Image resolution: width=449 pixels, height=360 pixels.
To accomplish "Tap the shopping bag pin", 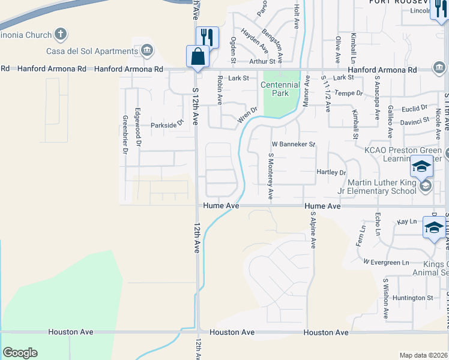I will pos(197,58).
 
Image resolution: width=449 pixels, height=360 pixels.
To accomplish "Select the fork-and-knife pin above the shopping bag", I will pos(207,38).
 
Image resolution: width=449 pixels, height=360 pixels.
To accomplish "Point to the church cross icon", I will pos(61,34).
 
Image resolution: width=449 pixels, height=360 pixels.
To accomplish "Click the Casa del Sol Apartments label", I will pos(97,51).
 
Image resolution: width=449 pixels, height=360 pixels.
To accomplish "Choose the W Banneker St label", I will pos(294,145).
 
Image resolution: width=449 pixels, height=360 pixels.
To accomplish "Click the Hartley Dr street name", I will pos(331,172).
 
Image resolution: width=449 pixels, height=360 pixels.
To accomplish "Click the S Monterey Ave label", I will pos(271,176).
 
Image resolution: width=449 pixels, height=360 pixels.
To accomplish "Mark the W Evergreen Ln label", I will pos(386,262).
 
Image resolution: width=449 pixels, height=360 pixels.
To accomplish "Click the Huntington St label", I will pos(412,298).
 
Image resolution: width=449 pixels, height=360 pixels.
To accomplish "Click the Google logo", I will pos(20,353).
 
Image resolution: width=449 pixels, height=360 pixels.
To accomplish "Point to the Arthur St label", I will pos(262,61).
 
